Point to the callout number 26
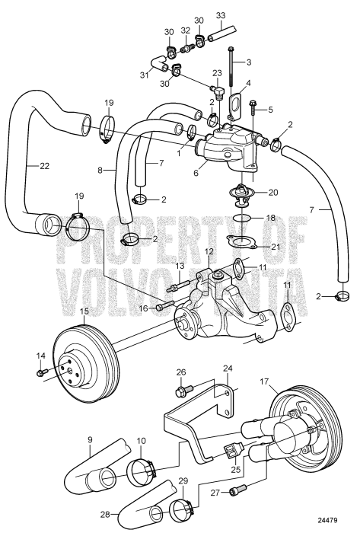(x=180, y=373)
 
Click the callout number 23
(x=216, y=74)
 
